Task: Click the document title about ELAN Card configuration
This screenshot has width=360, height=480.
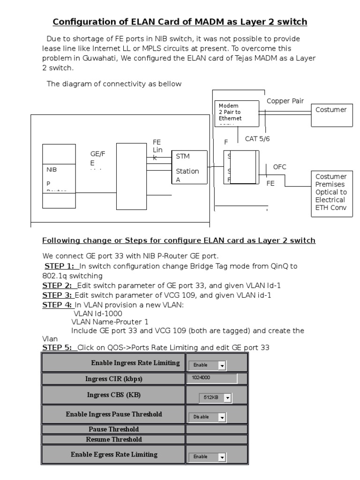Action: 180,22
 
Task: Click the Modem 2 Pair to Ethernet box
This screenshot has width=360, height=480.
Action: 237,113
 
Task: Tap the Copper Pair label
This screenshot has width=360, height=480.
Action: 285,101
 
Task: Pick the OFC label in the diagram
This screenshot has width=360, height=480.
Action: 279,167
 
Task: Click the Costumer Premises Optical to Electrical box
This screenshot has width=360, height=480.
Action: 331,193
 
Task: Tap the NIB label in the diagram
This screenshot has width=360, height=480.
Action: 52,170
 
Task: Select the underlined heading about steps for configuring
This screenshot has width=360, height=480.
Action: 179,240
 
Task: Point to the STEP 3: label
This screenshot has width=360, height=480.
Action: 57,295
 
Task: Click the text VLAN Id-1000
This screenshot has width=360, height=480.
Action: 98,313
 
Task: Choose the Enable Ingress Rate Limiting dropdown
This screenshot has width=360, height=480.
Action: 207,365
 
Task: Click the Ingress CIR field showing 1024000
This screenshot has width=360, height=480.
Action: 212,378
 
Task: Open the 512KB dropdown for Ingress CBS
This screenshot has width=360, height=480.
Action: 216,397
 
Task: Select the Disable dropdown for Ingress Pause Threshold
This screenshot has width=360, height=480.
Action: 207,417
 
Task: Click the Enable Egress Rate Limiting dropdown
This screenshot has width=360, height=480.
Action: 207,457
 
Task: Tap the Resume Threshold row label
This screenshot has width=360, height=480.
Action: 114,440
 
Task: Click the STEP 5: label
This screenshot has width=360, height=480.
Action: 58,348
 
